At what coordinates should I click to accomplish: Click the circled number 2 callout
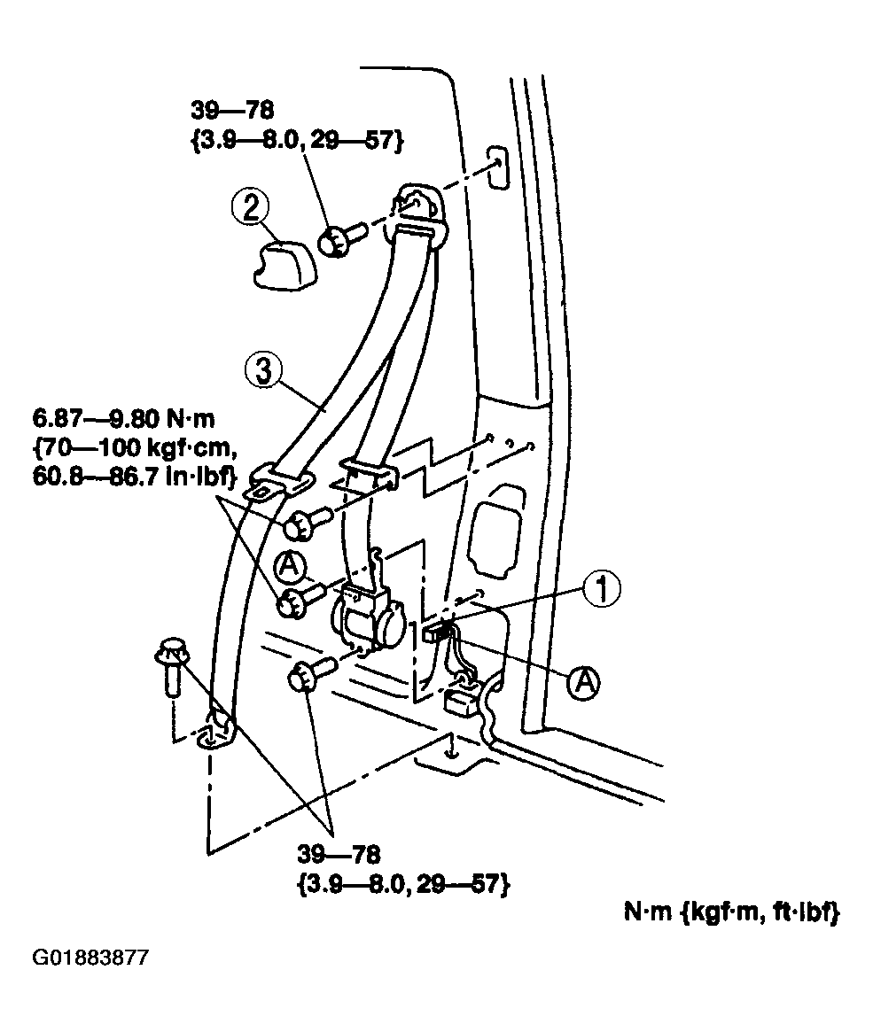coord(250,208)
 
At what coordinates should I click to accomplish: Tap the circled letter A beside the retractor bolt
coord(290,564)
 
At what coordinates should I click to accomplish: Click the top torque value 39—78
coord(232,111)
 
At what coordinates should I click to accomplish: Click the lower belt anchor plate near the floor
coord(216,733)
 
